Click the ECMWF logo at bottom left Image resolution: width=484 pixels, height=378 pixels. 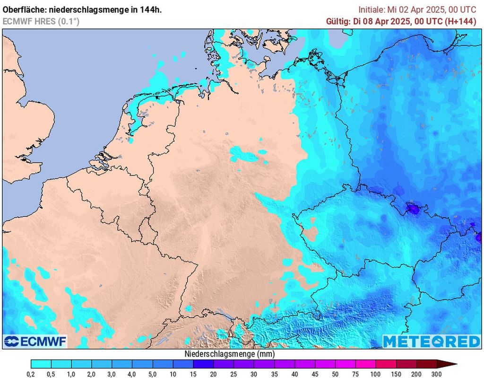click(x=35, y=341)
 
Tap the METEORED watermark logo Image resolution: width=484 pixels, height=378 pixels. click(x=431, y=341)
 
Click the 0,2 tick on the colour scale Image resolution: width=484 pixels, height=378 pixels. click(x=31, y=374)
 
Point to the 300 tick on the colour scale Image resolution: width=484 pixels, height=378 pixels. click(x=437, y=374)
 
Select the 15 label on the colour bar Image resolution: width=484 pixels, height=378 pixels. click(x=193, y=374)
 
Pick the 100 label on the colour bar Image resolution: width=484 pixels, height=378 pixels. click(x=376, y=374)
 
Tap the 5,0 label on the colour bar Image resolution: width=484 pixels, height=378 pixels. click(x=153, y=374)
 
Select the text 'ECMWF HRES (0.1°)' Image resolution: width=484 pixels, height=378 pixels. click(x=41, y=21)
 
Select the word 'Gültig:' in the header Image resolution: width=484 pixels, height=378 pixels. click(x=339, y=21)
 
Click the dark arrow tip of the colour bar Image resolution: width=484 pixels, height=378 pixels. click(x=451, y=364)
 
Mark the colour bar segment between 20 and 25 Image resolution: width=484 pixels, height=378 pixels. click(x=224, y=364)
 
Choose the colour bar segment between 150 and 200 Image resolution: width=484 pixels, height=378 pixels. click(x=406, y=364)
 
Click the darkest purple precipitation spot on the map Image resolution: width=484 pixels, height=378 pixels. click(x=415, y=209)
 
